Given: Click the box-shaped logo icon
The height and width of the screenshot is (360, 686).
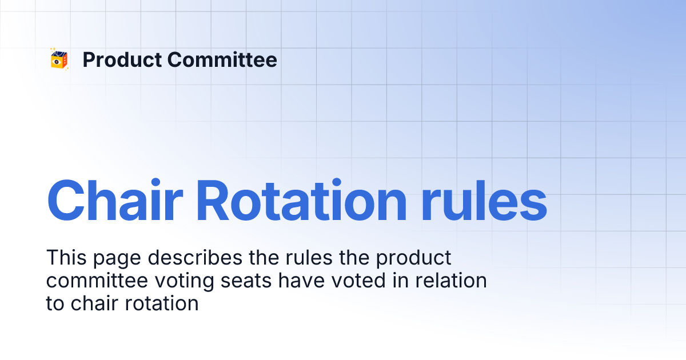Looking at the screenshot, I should tap(59, 59).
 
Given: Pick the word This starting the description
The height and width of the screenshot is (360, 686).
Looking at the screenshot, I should tap(63, 258).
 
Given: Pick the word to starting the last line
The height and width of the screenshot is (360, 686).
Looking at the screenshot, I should tap(55, 303).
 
